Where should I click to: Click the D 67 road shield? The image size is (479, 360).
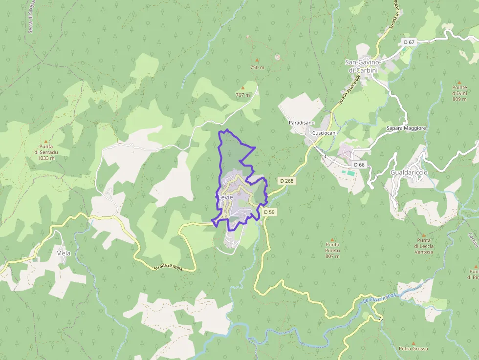(x=409, y=42)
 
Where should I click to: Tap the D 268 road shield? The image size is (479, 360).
(x=287, y=181)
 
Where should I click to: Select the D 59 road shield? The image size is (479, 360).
(x=269, y=212)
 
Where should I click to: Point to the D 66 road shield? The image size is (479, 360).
(x=358, y=165)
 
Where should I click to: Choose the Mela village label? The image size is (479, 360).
(x=64, y=254)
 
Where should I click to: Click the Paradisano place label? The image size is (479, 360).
(x=302, y=122)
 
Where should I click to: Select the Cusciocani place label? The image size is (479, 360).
(x=325, y=133)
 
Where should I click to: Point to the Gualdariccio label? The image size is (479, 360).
(x=409, y=173)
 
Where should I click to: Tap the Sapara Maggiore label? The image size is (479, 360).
(x=406, y=128)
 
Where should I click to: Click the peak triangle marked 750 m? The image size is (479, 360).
(x=257, y=60)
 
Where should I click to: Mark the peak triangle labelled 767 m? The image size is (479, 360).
(x=242, y=88)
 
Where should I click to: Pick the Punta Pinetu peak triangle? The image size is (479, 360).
(x=332, y=239)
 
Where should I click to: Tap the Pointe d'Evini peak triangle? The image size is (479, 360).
(x=459, y=82)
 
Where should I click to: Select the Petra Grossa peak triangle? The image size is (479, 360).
(x=413, y=343)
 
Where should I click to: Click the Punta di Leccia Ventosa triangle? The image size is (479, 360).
(x=424, y=235)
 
